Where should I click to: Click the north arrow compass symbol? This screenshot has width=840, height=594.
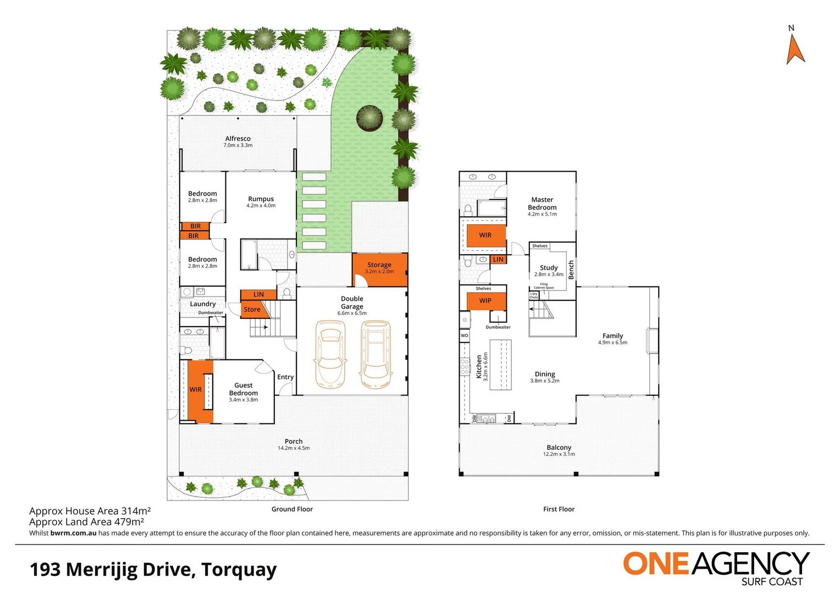click(x=795, y=48)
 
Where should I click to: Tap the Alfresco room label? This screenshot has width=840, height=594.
click(x=237, y=139)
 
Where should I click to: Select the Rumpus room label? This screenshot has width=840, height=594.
click(x=261, y=199)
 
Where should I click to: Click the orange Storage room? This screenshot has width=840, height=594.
click(x=380, y=268)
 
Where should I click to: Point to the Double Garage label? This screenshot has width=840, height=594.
click(x=352, y=302)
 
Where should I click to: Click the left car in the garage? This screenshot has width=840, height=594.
click(x=329, y=354)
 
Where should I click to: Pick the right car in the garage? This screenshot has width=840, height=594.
click(x=375, y=354)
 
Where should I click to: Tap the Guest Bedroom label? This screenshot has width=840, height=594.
click(x=243, y=389)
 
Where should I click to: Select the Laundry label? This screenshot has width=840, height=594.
click(x=203, y=304)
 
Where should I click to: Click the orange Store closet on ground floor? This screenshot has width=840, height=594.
click(x=252, y=310)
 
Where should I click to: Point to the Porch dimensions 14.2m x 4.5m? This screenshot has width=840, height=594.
click(x=294, y=448)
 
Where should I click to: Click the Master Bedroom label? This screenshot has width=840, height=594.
click(x=542, y=204)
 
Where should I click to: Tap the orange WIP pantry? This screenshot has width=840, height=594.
click(x=485, y=301)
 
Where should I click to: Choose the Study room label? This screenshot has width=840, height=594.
click(x=549, y=268)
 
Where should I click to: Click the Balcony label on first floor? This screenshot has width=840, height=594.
click(x=559, y=448)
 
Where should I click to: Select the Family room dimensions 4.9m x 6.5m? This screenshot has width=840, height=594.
click(x=612, y=343)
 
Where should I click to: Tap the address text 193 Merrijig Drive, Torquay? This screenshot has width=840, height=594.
click(x=153, y=569)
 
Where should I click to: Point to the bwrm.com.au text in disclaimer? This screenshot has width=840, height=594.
click(x=73, y=533)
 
